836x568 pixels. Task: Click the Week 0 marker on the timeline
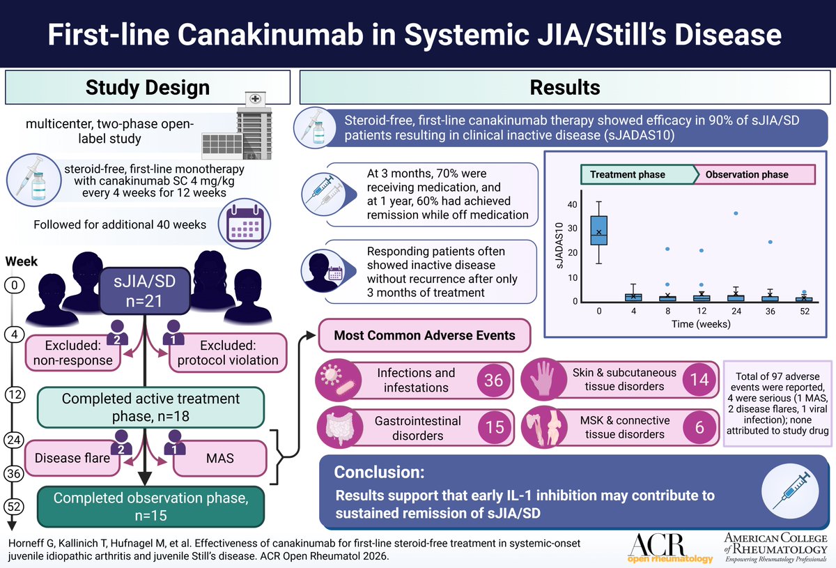click(x=13, y=284)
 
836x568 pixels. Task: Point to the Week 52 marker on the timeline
click(x=13, y=505)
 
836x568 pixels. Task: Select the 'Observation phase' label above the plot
click(x=745, y=175)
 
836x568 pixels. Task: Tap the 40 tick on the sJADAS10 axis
click(x=573, y=205)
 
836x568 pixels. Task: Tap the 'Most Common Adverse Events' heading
click(x=424, y=336)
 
